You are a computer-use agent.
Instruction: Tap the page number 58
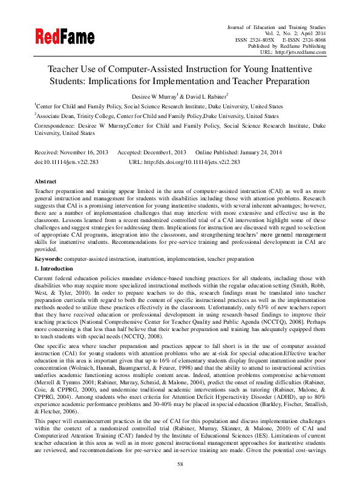pos(180,464)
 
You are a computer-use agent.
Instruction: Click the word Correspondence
pos(56,125)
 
